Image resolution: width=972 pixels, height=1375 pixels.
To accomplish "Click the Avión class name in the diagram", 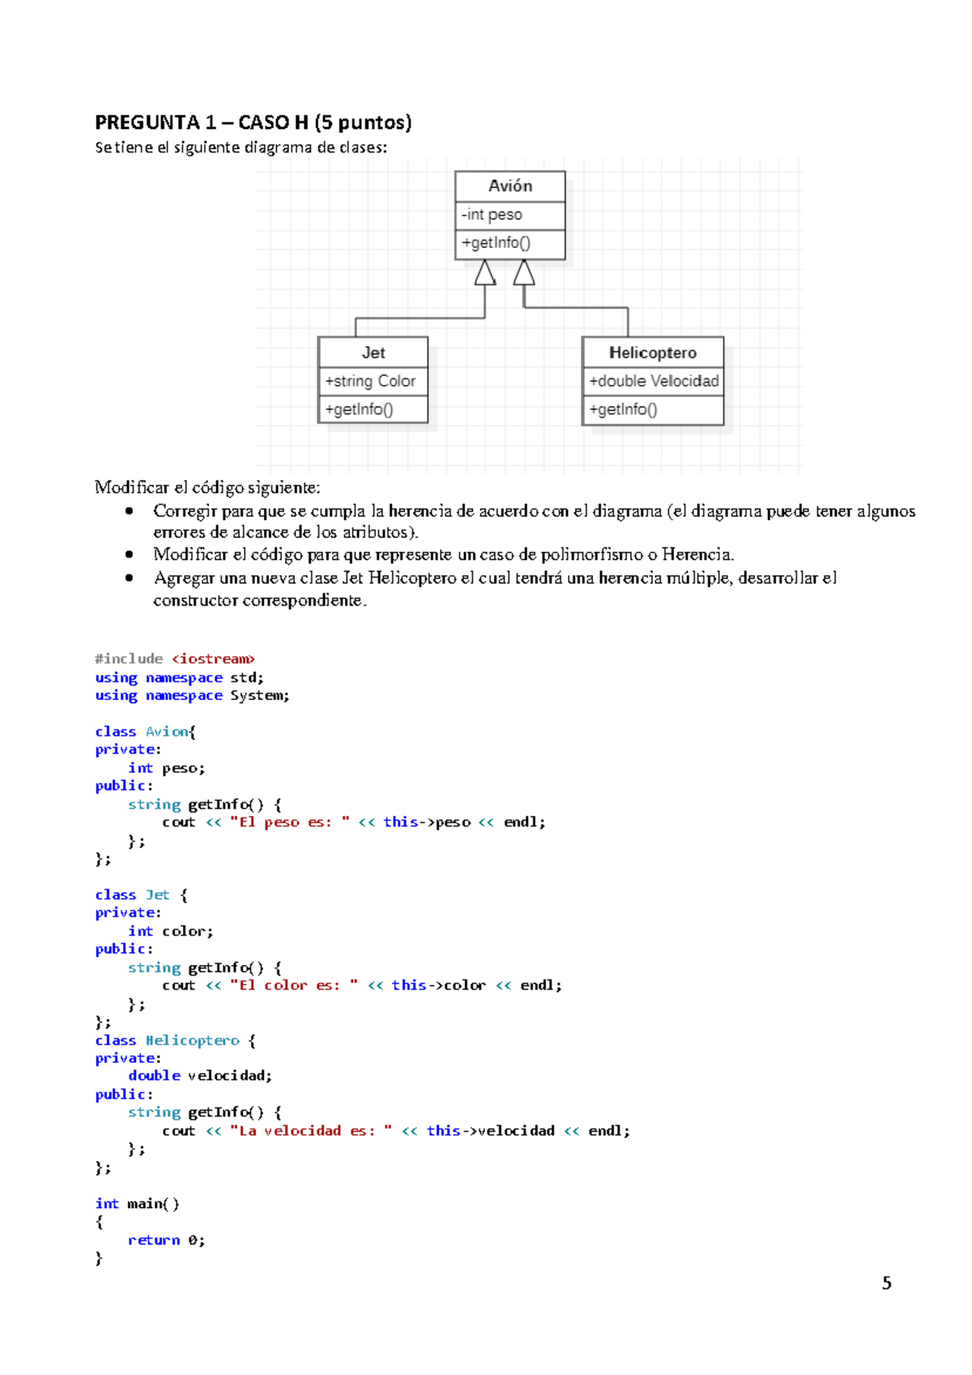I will click(509, 186).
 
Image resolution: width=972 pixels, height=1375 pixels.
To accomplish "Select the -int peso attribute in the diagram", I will click(492, 215).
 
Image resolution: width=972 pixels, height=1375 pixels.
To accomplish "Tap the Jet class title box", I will click(373, 352).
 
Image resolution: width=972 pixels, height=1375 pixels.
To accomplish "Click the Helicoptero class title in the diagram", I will click(652, 352).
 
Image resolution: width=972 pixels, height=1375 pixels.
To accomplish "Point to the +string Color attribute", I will click(370, 381).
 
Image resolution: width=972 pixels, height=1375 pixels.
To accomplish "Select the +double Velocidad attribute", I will click(653, 381).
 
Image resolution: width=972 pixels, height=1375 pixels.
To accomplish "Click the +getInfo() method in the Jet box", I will click(359, 409).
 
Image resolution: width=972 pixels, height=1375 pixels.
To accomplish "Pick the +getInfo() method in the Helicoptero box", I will click(623, 409).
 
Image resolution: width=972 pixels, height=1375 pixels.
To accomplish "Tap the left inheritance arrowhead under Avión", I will click(485, 273).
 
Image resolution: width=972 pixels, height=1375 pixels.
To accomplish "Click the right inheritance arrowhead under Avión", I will click(524, 273).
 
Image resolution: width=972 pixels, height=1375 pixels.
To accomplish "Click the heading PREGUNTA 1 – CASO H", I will click(253, 122).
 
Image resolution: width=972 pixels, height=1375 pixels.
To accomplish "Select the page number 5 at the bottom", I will click(886, 1283).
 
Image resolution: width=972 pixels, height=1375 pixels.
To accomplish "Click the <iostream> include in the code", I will click(213, 659).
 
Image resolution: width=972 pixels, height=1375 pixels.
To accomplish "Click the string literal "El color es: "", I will click(293, 985).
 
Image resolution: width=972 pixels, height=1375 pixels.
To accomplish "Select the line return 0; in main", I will click(166, 1240).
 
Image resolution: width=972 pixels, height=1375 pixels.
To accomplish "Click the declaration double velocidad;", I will click(199, 1075).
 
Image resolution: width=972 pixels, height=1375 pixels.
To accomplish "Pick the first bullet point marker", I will click(129, 511).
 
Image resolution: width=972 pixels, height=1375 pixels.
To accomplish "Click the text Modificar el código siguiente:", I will click(207, 487).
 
